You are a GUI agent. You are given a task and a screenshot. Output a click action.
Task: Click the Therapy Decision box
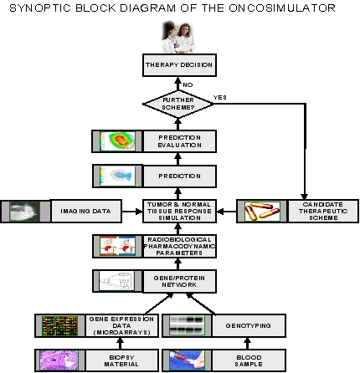click(x=180, y=65)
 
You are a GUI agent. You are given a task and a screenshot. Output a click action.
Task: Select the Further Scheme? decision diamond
click(x=180, y=104)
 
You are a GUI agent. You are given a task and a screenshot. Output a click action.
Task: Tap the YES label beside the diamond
click(x=220, y=97)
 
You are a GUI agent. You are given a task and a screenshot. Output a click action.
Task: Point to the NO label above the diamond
click(x=188, y=84)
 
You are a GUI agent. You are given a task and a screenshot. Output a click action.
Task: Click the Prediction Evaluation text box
click(x=180, y=141)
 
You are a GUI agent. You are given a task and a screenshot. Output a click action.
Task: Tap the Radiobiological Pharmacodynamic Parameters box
click(x=180, y=246)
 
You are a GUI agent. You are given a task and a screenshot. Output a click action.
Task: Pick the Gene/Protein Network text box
click(x=180, y=281)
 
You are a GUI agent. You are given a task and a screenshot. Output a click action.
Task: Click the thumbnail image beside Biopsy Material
click(x=58, y=360)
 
